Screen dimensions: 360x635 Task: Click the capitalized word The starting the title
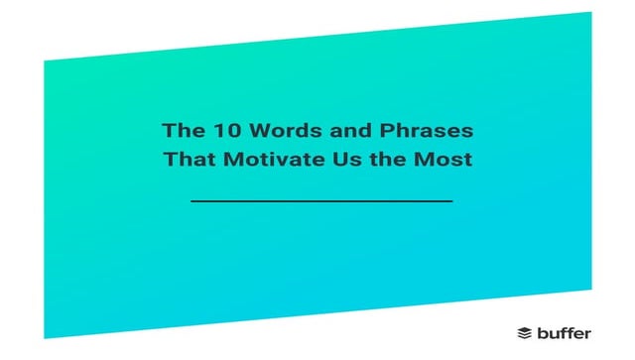click(182, 130)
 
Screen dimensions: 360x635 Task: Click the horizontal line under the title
click(320, 201)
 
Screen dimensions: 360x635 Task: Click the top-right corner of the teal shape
click(591, 13)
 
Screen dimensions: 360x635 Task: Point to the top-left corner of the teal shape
click(44, 60)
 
